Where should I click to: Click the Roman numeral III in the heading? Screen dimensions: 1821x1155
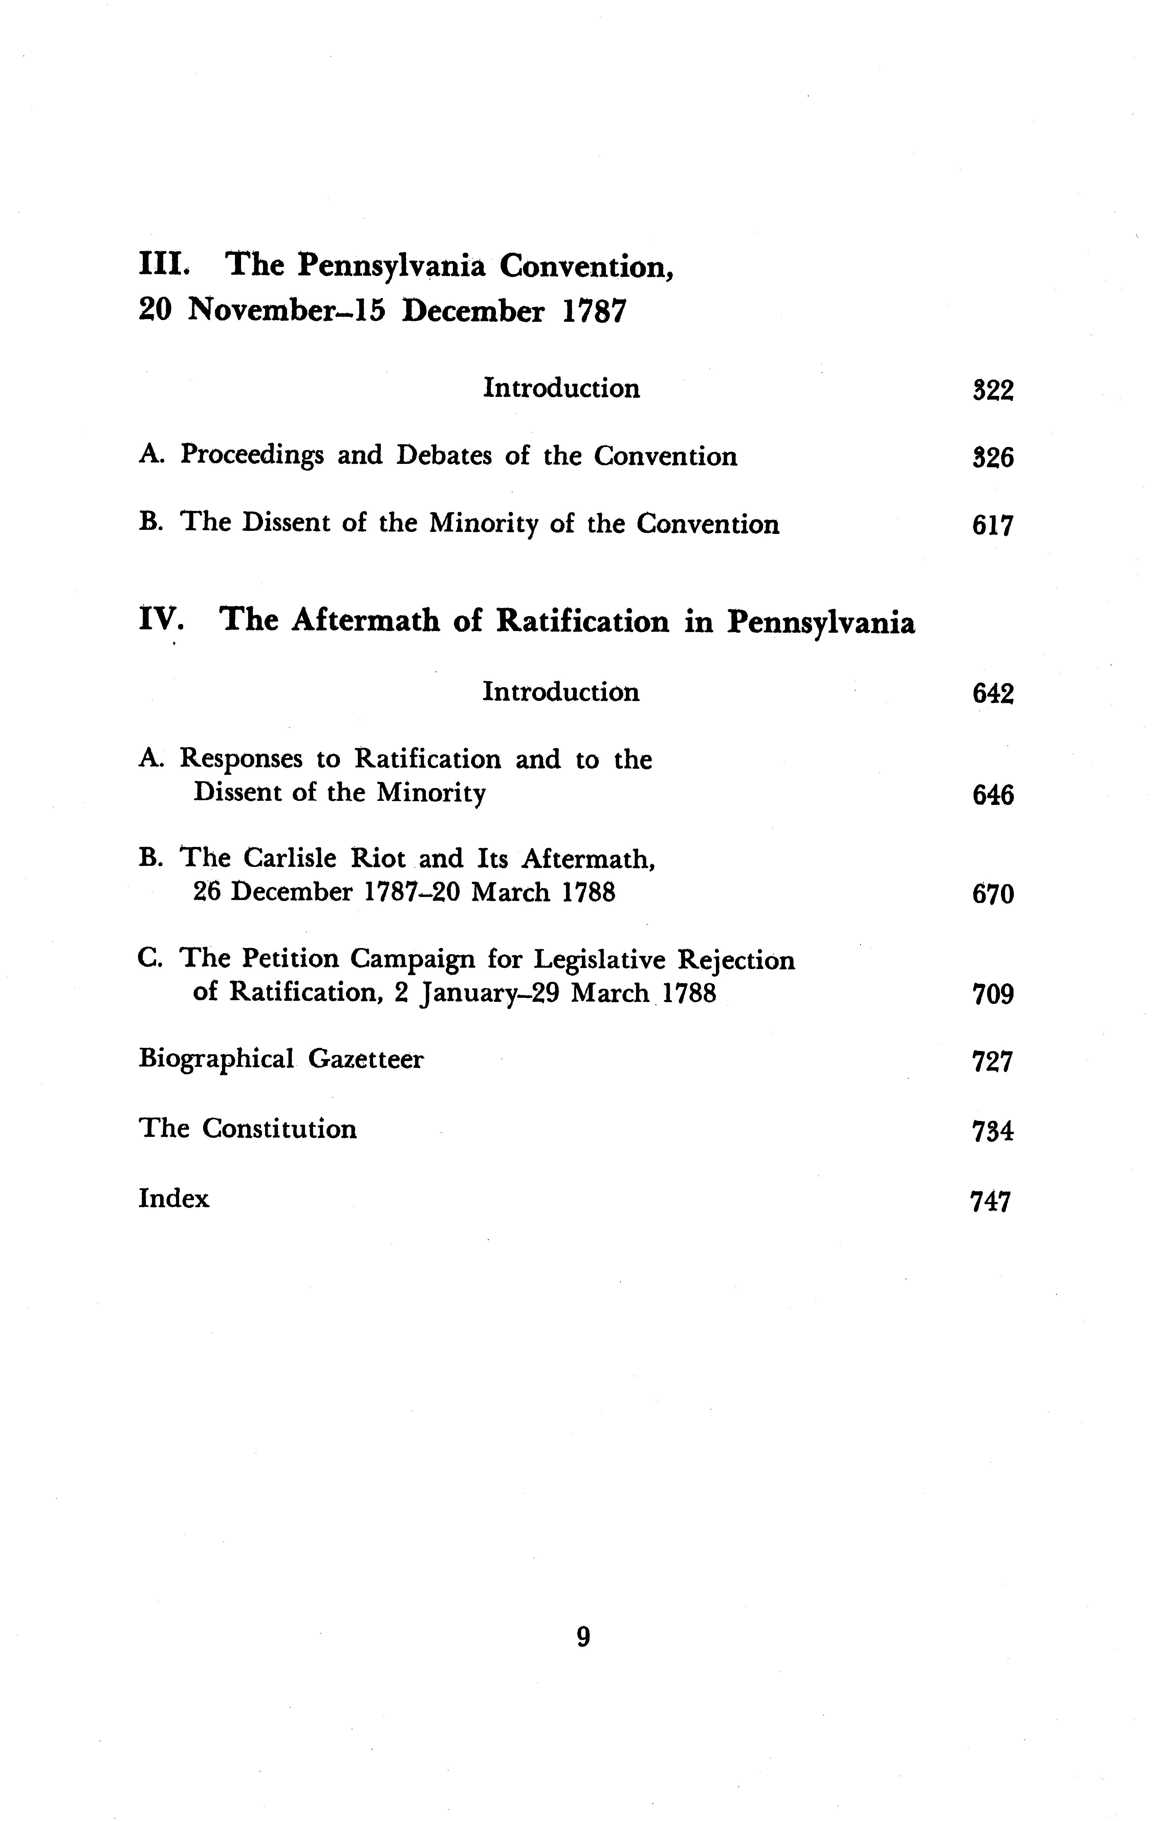coord(162,265)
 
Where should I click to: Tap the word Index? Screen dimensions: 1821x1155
coord(173,1199)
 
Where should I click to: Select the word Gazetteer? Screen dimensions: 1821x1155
coord(366,1059)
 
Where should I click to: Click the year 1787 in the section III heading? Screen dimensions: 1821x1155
coord(594,312)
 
